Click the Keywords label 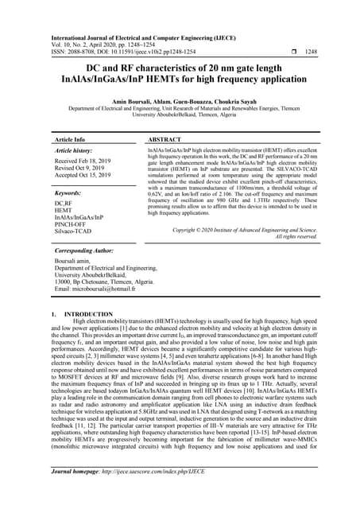point(71,193)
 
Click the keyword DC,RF point(64,203)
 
